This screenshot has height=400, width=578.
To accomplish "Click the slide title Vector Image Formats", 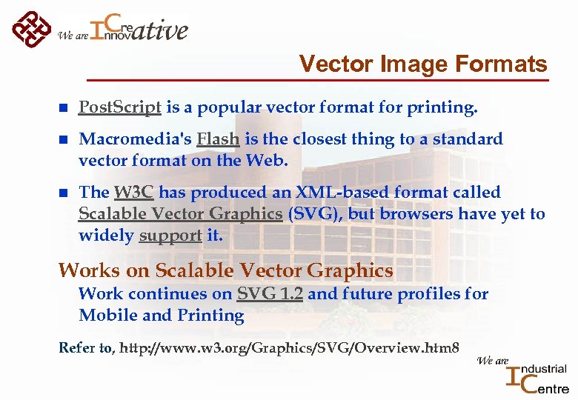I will [x=422, y=64].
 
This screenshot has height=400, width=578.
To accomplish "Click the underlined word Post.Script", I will [x=120, y=108].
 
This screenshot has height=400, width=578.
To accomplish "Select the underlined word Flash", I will [x=218, y=139].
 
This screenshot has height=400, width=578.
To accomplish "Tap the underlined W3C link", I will [x=133, y=193].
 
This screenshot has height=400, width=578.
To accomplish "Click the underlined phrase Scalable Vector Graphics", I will [x=180, y=214].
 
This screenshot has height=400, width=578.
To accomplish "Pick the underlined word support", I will [x=170, y=236].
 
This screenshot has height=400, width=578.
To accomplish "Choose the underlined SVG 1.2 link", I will [x=270, y=294].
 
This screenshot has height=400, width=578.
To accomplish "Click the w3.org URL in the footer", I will [x=289, y=347].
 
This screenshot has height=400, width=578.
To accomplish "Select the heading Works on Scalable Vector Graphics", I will [x=225, y=270].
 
